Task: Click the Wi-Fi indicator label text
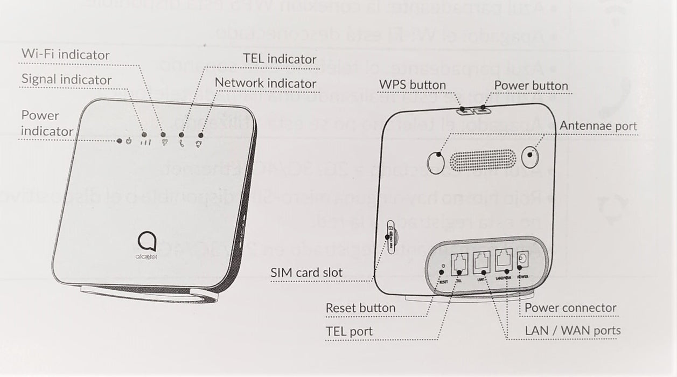pyautogui.click(x=65, y=54)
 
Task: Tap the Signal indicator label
pyautogui.click(x=66, y=80)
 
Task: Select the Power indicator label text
pyautogui.click(x=47, y=123)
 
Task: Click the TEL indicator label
pyautogui.click(x=280, y=59)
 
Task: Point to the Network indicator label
pyautogui.click(x=266, y=83)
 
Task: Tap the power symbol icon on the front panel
pyautogui.click(x=128, y=142)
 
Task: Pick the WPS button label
pyautogui.click(x=413, y=85)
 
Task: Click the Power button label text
pyautogui.click(x=531, y=86)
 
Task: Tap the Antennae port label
pyautogui.click(x=598, y=126)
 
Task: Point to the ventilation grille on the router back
pyautogui.click(x=483, y=160)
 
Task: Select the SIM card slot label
pyautogui.click(x=306, y=273)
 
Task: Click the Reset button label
pyautogui.click(x=360, y=308)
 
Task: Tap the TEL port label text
pyautogui.click(x=349, y=331)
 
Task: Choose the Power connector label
pyautogui.click(x=570, y=308)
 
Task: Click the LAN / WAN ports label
pyautogui.click(x=573, y=330)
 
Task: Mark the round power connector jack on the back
pyautogui.click(x=521, y=262)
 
